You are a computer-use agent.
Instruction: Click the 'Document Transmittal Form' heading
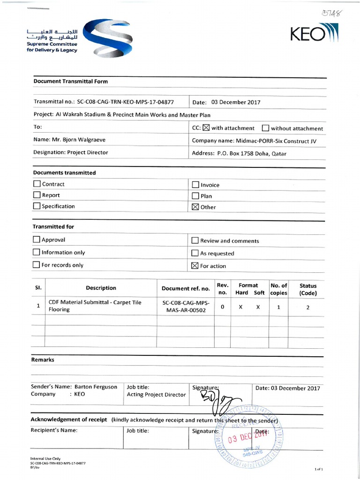[x=70, y=82]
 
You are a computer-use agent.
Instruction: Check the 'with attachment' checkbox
[x=206, y=128]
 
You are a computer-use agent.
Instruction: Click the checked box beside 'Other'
[x=195, y=207]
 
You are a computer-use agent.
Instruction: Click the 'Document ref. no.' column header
[x=186, y=289]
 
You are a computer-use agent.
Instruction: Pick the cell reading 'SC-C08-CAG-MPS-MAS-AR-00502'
[x=186, y=307]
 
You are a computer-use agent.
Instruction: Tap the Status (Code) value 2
[x=308, y=307]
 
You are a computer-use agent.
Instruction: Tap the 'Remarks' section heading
[x=43, y=360]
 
